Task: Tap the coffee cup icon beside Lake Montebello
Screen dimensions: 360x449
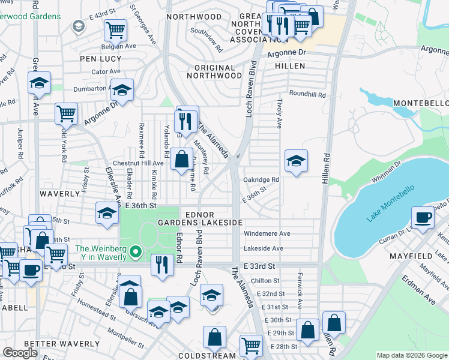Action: [x=423, y=217]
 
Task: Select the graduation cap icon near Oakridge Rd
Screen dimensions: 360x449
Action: [x=296, y=161]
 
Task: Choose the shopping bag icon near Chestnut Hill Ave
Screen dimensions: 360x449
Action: [x=181, y=160]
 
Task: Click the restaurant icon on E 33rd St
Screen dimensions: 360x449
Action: [x=161, y=265]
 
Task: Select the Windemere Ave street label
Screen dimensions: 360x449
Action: [x=267, y=233]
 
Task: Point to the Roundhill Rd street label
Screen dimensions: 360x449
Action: [x=307, y=94]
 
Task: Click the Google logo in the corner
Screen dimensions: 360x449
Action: [x=20, y=353]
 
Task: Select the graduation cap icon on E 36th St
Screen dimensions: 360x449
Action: [x=107, y=214]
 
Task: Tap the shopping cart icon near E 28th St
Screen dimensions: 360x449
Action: [x=251, y=346]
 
